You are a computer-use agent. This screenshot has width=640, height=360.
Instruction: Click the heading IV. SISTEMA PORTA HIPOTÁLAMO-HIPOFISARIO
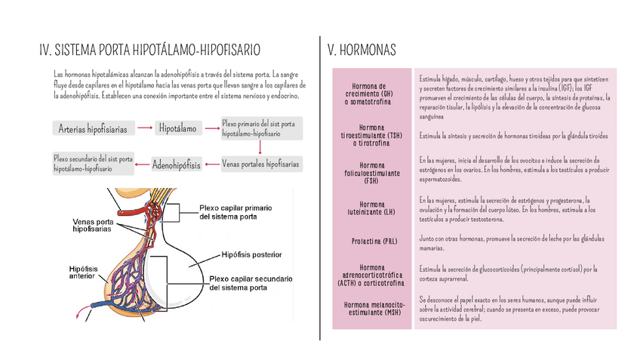pos(150,51)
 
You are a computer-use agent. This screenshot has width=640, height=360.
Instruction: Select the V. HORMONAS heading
pos(362,51)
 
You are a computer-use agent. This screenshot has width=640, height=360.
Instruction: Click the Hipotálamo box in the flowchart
pos(177,129)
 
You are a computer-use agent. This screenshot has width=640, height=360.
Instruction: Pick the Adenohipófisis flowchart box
pos(176,164)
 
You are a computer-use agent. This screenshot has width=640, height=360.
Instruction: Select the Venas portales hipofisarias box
pos(260,164)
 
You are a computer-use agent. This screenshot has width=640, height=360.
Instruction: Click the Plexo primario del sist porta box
pos(261,128)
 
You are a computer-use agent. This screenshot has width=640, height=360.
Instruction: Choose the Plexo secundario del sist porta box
pos(94,164)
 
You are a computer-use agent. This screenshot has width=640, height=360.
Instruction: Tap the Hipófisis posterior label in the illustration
pos(252,254)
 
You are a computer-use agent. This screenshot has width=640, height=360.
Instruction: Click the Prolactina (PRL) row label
pos(374,242)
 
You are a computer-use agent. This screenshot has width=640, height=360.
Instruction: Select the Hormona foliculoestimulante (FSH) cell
pos(372,173)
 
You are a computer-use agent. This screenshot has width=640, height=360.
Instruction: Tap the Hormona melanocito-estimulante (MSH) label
pos(373,308)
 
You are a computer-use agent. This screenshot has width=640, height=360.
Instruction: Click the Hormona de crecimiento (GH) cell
pos(373,94)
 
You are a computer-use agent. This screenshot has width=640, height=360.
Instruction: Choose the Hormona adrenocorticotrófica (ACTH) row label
pos(373,275)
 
